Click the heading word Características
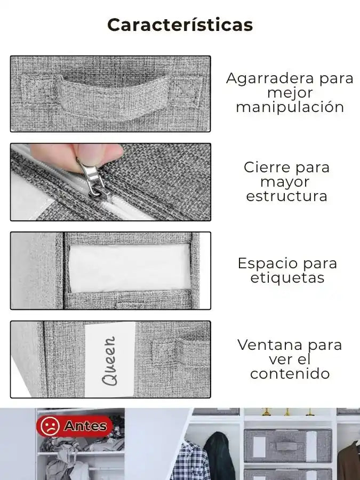[180, 25]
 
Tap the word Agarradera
[266, 79]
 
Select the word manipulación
[290, 108]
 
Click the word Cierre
[267, 167]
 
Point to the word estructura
[286, 196]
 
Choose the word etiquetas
[287, 278]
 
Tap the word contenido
[290, 374]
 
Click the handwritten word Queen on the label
[109, 361]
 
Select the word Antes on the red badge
[86, 426]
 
